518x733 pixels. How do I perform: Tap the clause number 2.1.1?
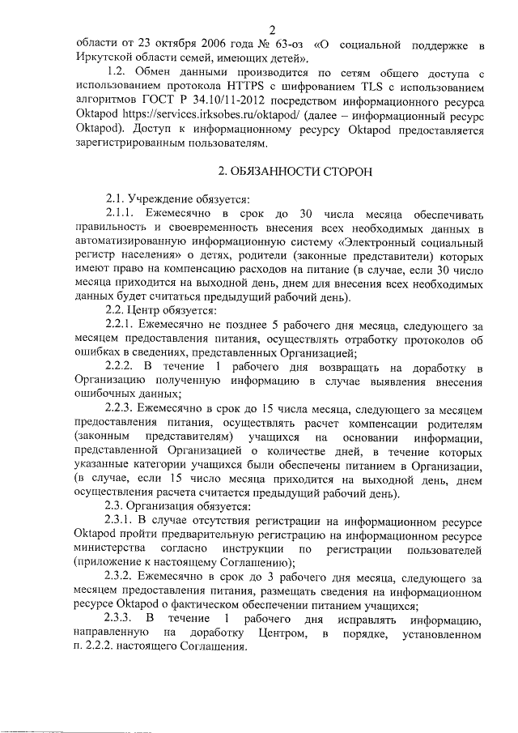pos(123,214)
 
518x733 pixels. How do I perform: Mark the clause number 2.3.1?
pos(123,518)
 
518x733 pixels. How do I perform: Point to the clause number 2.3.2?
pos(123,578)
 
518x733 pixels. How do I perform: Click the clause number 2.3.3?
pos(123,620)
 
